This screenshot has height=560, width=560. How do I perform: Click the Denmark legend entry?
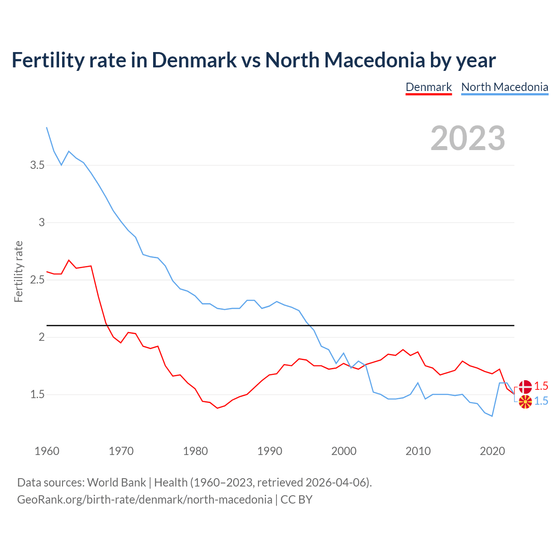428,87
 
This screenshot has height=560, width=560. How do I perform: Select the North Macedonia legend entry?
504,87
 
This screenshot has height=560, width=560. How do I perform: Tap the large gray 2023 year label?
468,138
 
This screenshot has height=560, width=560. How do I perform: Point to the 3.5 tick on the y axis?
37,165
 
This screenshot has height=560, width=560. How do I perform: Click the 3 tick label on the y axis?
42,222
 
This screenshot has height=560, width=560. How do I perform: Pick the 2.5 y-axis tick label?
37,280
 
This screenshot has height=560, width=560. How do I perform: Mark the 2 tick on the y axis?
42,337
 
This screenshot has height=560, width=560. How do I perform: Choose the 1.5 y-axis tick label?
37,394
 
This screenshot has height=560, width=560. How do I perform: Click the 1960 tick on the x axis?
47,451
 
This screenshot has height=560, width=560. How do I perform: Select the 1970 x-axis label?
121,451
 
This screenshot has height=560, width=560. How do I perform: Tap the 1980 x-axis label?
196,451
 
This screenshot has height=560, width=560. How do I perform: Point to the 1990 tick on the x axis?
270,451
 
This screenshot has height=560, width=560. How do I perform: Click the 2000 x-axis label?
344,451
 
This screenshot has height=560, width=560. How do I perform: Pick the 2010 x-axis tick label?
418,451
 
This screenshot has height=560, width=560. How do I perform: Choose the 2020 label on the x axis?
493,451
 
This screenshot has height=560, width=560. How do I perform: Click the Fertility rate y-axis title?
18,271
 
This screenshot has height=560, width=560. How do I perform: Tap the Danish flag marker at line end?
525,387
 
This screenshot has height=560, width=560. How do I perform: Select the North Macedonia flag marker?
525,402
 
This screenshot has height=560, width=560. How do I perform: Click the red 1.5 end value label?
541,386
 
